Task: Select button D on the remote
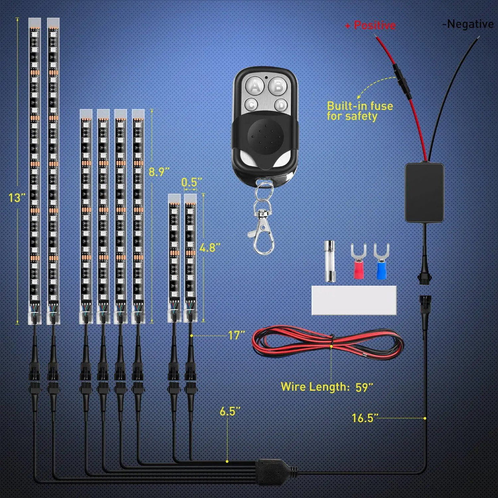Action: pyautogui.click(x=281, y=105)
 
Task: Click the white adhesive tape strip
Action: pyautogui.click(x=354, y=300)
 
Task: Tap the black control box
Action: pyautogui.click(x=424, y=192)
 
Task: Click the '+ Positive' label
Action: pyautogui.click(x=370, y=26)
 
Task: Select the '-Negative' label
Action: pyautogui.click(x=468, y=24)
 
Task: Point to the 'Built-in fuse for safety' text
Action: pyautogui.click(x=359, y=111)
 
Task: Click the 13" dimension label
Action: pyautogui.click(x=17, y=198)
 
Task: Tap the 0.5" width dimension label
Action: pyautogui.click(x=192, y=182)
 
